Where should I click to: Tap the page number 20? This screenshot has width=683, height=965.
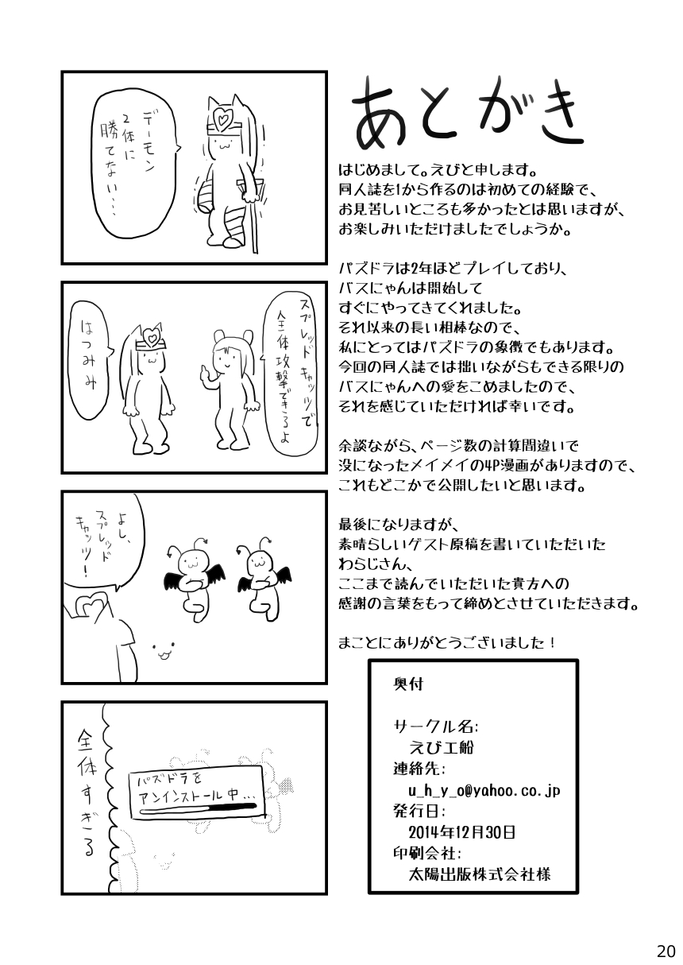coord(666,951)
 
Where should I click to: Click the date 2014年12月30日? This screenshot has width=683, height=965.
coord(462,832)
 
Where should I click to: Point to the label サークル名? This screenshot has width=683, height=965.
coord(434,727)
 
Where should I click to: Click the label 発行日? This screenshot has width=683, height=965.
coord(419,812)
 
